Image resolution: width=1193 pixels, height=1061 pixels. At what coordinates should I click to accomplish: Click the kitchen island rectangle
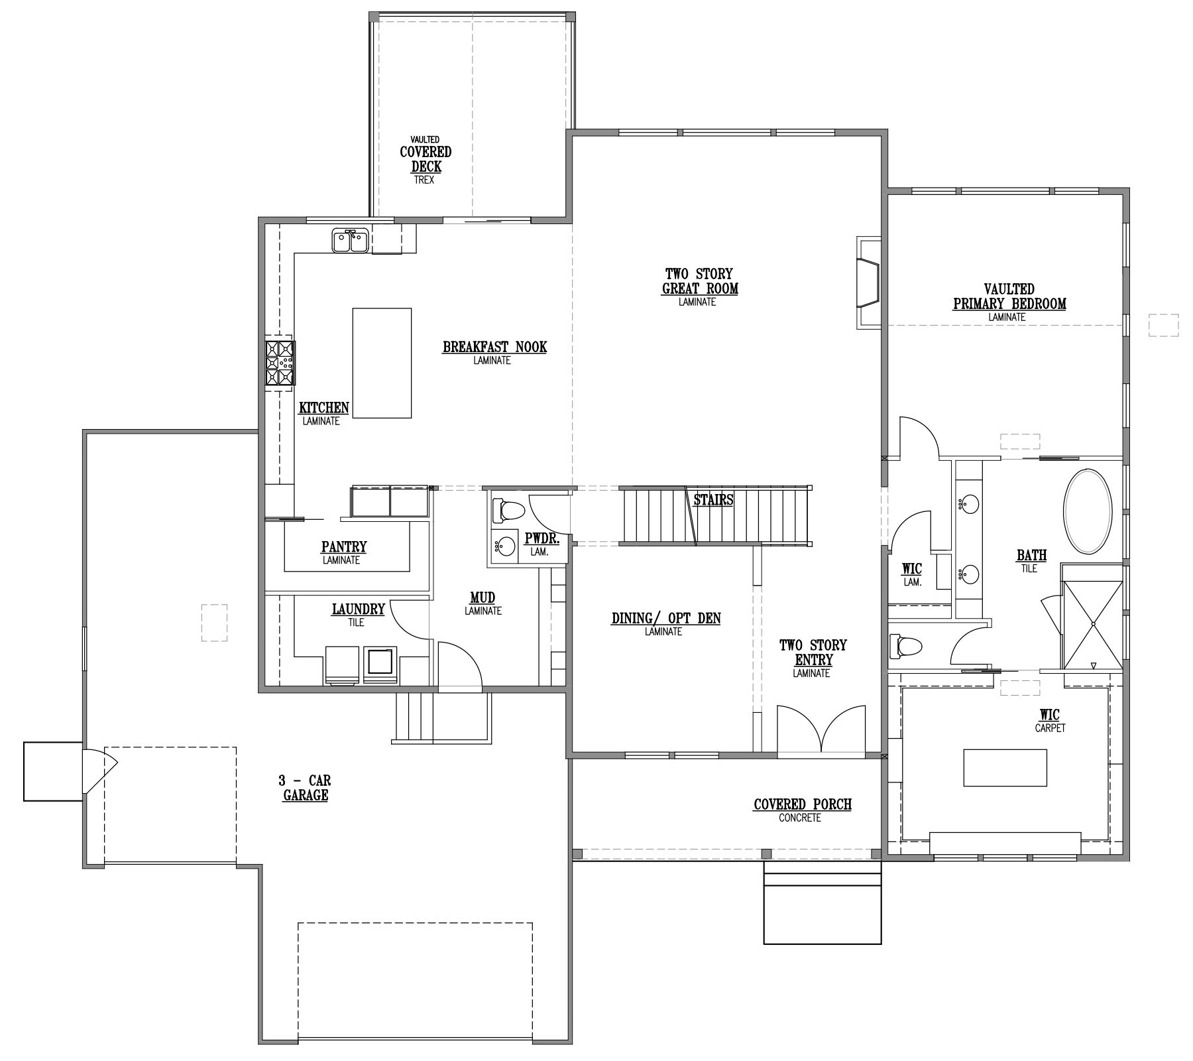pos(382,363)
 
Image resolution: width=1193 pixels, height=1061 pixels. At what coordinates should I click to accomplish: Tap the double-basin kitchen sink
pos(351,240)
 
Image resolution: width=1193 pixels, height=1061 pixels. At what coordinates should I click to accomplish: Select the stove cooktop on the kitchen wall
pos(280,363)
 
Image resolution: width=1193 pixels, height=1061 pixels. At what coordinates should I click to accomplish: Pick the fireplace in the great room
pos(868,282)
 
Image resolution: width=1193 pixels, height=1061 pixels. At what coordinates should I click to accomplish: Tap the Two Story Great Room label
pos(699,286)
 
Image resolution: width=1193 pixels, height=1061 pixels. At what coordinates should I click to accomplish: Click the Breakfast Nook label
pos(494,351)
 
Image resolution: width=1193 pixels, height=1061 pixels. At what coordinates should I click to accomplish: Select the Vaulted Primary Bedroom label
pos(1009,302)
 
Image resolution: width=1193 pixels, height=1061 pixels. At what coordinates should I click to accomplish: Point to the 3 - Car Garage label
pos(305,787)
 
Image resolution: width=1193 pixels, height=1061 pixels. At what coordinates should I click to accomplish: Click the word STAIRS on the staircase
pos(713,500)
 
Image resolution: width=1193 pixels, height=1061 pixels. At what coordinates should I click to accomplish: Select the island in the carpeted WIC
pos(1005,767)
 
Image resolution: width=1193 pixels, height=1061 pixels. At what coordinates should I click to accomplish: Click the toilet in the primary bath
pos(905,646)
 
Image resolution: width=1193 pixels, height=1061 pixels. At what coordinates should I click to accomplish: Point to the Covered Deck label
pos(425,160)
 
